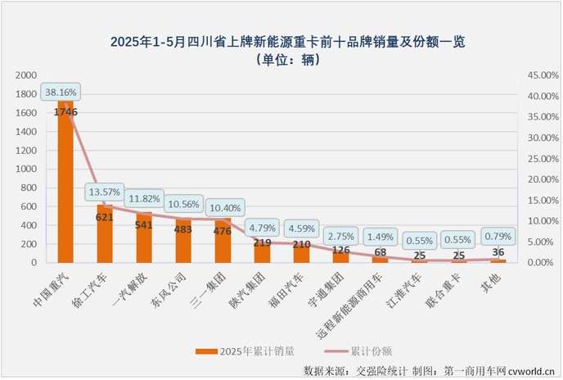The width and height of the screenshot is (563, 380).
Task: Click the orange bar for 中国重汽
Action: pyautogui.click(x=65, y=188)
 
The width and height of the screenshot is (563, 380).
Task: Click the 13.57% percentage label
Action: pyautogui.click(x=106, y=193)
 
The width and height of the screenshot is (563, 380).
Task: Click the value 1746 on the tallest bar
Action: pyautogui.click(x=66, y=111)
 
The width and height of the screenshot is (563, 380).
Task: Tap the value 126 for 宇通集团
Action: pyautogui.click(x=341, y=250)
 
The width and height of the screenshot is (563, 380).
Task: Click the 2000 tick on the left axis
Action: pyautogui.click(x=27, y=75)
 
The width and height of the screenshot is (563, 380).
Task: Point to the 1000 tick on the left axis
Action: pyautogui.click(x=27, y=169)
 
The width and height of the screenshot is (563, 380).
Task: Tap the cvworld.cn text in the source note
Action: pyautogui.click(x=531, y=371)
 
